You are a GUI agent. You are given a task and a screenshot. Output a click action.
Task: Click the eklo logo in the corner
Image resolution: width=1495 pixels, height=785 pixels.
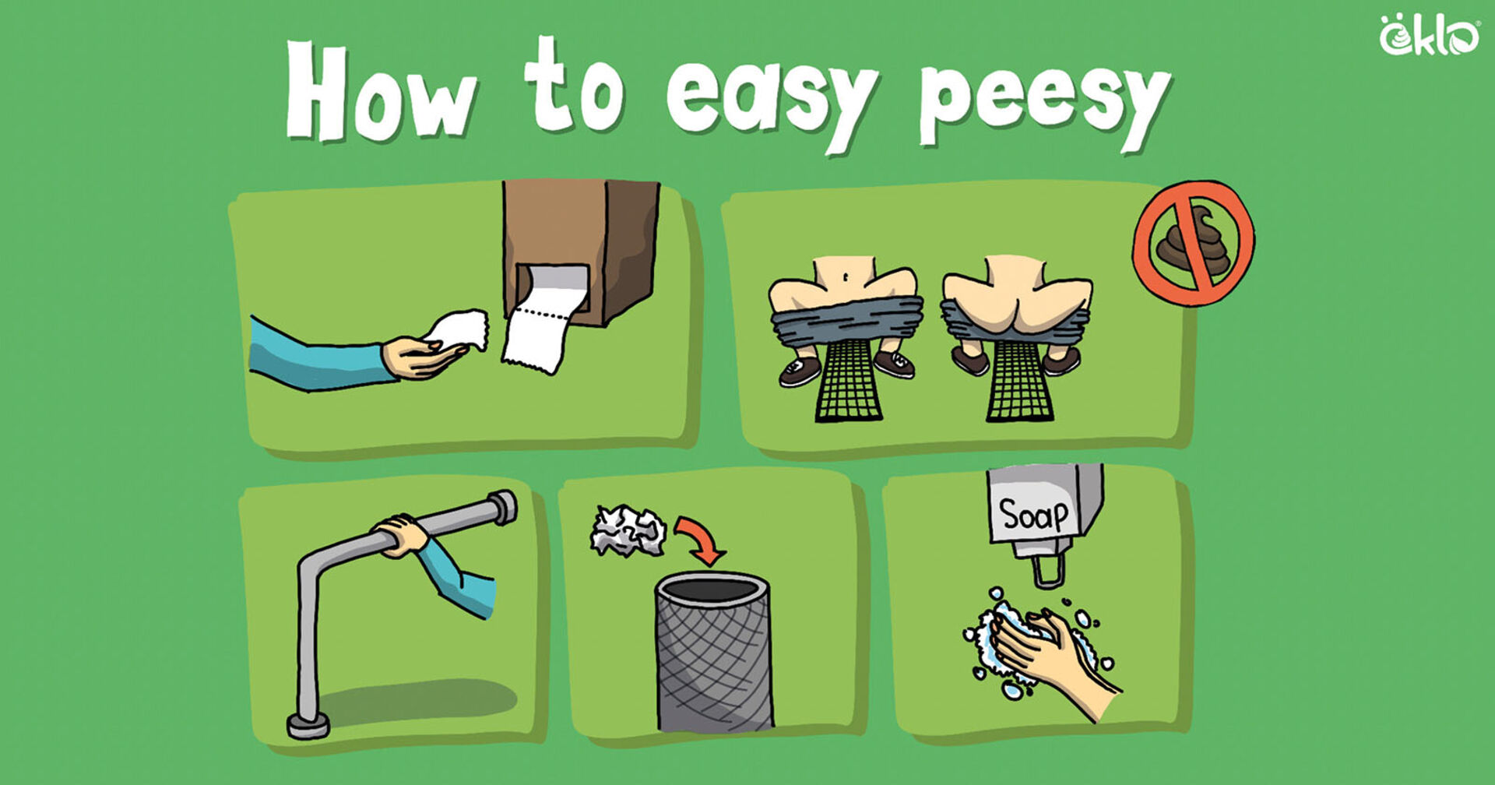[x=1429, y=36]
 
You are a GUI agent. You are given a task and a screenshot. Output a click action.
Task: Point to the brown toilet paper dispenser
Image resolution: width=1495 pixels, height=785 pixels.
[x=581, y=249]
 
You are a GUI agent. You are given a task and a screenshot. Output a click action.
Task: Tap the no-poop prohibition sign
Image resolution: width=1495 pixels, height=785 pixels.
[x=1193, y=242]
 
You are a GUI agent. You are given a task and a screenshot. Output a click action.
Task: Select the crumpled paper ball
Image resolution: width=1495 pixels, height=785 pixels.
[x=628, y=531]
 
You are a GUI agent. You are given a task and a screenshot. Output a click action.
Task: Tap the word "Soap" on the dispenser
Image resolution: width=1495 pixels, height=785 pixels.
[x=1033, y=515]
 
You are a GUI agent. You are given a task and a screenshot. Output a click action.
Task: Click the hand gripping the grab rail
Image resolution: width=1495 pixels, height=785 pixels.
[x=400, y=535]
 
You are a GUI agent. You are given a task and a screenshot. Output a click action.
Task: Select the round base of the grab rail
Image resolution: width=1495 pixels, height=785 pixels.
[x=308, y=726]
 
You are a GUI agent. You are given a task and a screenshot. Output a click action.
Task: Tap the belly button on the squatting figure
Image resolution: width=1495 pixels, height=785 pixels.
[x=844, y=275]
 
